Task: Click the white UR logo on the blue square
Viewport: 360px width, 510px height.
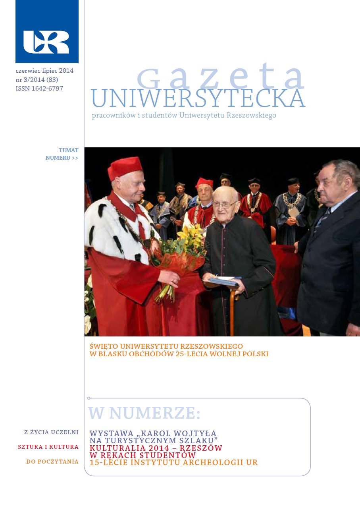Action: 46,42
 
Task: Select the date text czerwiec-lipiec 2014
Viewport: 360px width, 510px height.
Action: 44,71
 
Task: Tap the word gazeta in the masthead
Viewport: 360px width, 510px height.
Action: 221,78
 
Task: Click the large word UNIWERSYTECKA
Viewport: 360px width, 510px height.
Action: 198,99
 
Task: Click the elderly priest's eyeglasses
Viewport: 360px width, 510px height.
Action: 225,204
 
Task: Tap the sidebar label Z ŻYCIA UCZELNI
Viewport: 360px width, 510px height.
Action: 52,432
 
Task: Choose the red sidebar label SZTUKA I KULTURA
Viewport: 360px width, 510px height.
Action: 48,447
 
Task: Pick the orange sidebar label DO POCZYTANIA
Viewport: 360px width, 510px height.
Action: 52,462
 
